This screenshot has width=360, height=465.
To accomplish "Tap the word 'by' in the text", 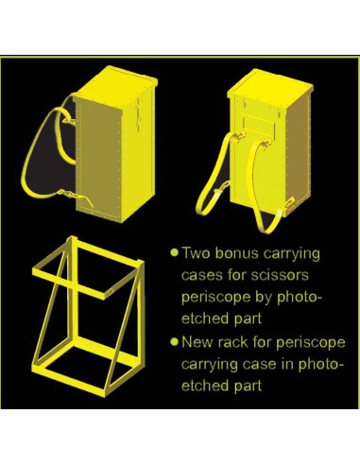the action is pyautogui.click(x=265, y=298).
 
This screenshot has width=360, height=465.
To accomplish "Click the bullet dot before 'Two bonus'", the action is pyautogui.click(x=174, y=252).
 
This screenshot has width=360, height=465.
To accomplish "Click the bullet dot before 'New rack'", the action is pyautogui.click(x=174, y=342).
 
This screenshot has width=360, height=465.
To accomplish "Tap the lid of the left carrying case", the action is pyautogui.click(x=116, y=84).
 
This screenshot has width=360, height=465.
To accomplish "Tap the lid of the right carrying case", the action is pyautogui.click(x=270, y=84).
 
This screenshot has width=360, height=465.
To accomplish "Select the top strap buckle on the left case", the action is pyautogui.click(x=69, y=121).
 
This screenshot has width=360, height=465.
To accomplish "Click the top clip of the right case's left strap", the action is pyautogui.click(x=239, y=136).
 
